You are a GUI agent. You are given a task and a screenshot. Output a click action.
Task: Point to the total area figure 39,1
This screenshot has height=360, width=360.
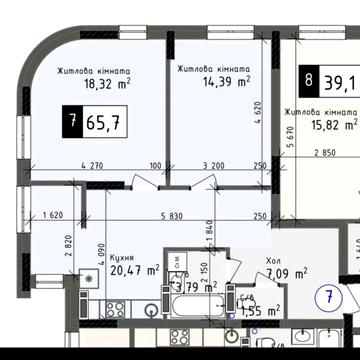(x=340, y=79)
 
